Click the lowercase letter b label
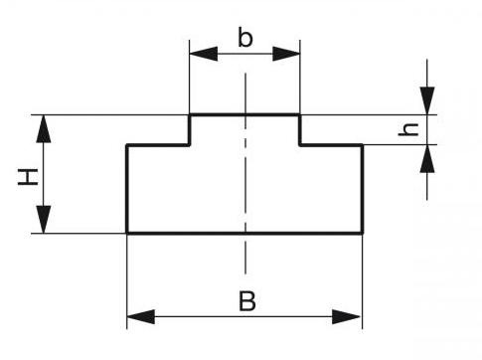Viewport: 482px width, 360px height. pos(245,38)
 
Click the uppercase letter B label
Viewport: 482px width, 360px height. pos(247,301)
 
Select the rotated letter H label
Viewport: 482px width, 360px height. pos(28,177)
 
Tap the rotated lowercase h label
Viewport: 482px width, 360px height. pos(408,129)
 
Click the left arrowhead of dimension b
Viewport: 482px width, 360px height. pos(204,54)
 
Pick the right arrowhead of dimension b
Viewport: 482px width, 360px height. pos(286,54)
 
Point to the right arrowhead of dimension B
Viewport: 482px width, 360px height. pos(346,316)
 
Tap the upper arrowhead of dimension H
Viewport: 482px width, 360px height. pos(44,128)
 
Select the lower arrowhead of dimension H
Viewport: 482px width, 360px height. pos(44,220)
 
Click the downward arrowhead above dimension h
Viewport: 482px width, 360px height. pos(427,100)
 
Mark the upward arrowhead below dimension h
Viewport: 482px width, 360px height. pos(427,158)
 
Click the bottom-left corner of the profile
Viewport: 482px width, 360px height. pos(127,233)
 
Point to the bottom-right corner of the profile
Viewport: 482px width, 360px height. pos(363,233)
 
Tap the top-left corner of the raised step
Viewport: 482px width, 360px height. pos(190,115)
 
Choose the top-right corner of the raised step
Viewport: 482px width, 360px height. pos(299,115)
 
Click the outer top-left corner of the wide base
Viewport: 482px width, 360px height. pos(127,145)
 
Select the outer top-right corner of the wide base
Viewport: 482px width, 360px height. pos(363,145)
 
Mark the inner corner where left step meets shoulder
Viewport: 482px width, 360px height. pos(190,145)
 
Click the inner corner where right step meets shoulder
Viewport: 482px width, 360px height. pos(300,145)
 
